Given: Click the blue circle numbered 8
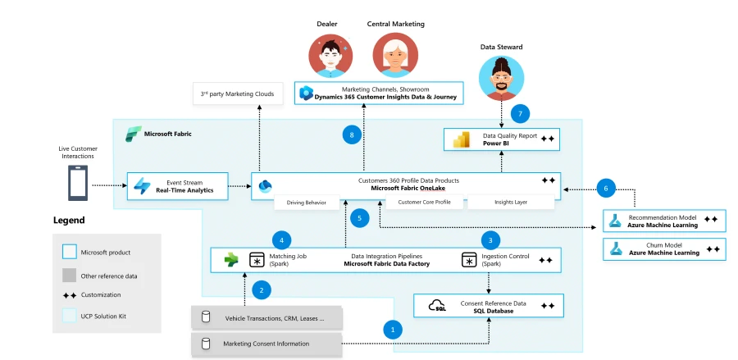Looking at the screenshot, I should point(352,134).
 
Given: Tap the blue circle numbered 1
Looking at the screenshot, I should point(393,330).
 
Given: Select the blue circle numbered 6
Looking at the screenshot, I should point(605,187).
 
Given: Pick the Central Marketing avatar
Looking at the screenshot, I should point(394,56).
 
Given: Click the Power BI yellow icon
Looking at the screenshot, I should point(461,140).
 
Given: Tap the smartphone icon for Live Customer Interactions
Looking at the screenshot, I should point(78,184).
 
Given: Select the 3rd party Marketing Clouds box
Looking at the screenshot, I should point(237,93).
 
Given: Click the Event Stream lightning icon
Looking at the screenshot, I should point(143,186).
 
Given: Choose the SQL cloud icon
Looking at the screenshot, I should point(438,307).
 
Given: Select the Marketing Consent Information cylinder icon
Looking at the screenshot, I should point(207,344).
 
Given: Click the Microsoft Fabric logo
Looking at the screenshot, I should point(133,133).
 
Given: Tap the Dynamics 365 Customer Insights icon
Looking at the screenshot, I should point(307,93).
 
